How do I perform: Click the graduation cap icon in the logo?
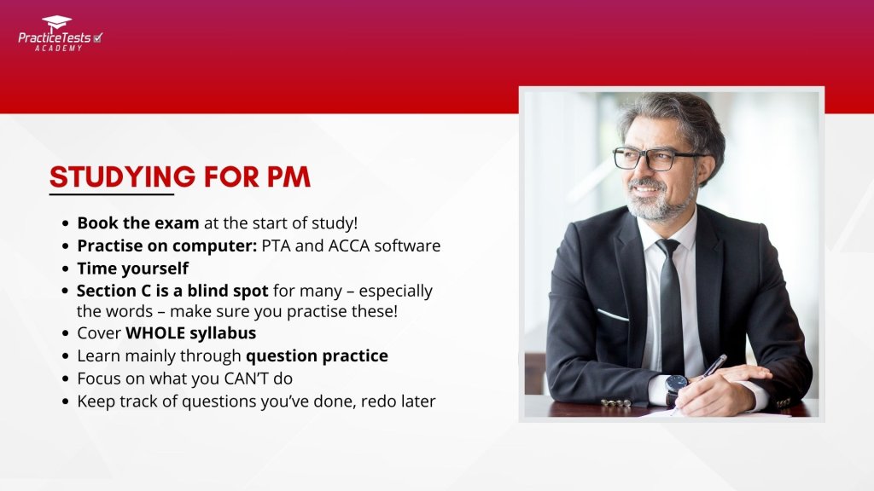point(57,23)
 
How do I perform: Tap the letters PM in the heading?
point(288,177)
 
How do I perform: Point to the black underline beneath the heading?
point(112,194)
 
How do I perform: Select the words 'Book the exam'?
point(138,223)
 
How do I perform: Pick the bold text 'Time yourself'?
point(132,269)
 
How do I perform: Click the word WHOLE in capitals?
point(155,333)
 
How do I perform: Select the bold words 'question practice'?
point(317,356)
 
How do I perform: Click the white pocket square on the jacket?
point(612,315)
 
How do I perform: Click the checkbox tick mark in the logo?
point(97,38)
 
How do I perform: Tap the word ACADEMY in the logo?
point(59,49)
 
